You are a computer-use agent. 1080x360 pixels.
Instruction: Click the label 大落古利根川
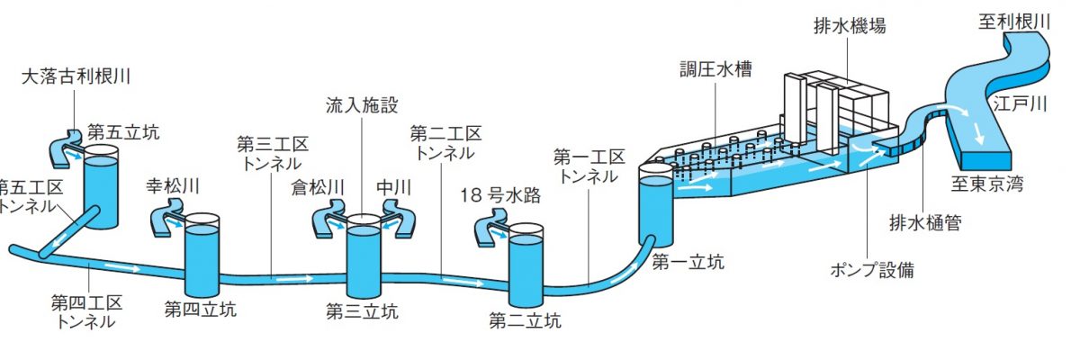pyautogui.click(x=76, y=76)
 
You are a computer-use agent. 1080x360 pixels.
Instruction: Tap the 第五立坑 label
pyautogui.click(x=123, y=132)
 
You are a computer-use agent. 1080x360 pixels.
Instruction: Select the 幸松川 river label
pyautogui.click(x=173, y=185)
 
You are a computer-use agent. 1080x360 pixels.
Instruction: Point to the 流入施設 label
pyautogui.click(x=362, y=105)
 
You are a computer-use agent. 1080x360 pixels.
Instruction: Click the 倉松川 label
pyautogui.click(x=318, y=187)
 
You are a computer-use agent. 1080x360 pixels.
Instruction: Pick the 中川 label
pyautogui.click(x=393, y=187)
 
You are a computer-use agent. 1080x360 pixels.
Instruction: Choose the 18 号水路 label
pyautogui.click(x=500, y=195)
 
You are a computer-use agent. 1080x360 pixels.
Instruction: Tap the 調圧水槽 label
pyautogui.click(x=716, y=69)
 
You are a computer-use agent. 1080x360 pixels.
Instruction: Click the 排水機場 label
pyautogui.click(x=850, y=25)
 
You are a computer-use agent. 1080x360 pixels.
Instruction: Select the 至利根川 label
pyautogui.click(x=1014, y=22)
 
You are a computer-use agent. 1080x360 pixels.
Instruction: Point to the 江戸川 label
pyautogui.click(x=1021, y=103)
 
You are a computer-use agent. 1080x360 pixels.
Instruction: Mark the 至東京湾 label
pyautogui.click(x=987, y=184)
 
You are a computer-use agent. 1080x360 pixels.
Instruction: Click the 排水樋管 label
pyautogui.click(x=925, y=222)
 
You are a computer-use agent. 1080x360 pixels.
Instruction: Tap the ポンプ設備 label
pyautogui.click(x=872, y=270)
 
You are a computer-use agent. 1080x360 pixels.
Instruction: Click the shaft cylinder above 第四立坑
pyautogui.click(x=202, y=256)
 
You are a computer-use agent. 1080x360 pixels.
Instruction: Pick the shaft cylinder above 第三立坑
pyautogui.click(x=364, y=256)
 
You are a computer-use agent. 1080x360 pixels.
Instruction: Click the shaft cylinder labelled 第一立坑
pyautogui.click(x=656, y=205)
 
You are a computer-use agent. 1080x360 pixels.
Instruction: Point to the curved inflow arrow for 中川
pyautogui.click(x=399, y=220)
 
